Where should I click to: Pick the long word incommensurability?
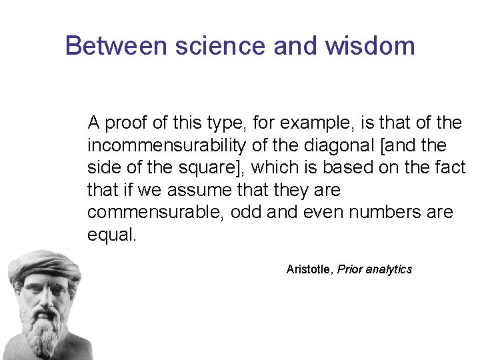coord(166,145)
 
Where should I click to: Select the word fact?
coord(450,168)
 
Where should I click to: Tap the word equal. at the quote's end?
coord(111,235)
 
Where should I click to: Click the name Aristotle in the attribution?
coord(309,269)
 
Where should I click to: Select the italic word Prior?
coord(351,269)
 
